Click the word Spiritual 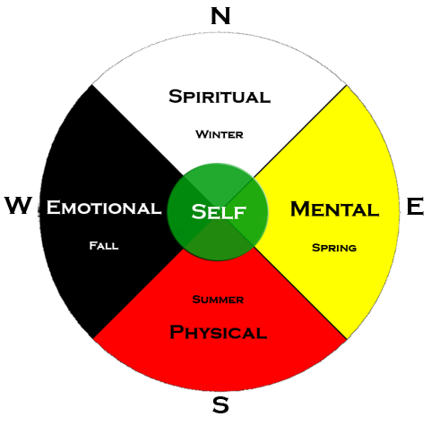pyautogui.click(x=220, y=97)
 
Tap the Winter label pyautogui.click(x=220, y=135)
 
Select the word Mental pyautogui.click(x=334, y=209)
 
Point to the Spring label pyautogui.click(x=334, y=247)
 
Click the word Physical pyautogui.click(x=219, y=333)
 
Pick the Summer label pyautogui.click(x=219, y=299)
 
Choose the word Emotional pyautogui.click(x=104, y=208)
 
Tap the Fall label pyautogui.click(x=104, y=245)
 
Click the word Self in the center pyautogui.click(x=219, y=212)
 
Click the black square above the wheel pyautogui.click(x=220, y=15)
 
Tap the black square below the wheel pyautogui.click(x=220, y=404)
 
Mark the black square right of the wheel pyautogui.click(x=416, y=207)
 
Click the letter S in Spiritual pyautogui.click(x=177, y=97)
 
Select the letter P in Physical pyautogui.click(x=177, y=333)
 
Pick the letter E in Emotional pyautogui.click(x=53, y=208)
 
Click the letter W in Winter pyautogui.click(x=201, y=135)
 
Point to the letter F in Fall pyautogui.click(x=92, y=245)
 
